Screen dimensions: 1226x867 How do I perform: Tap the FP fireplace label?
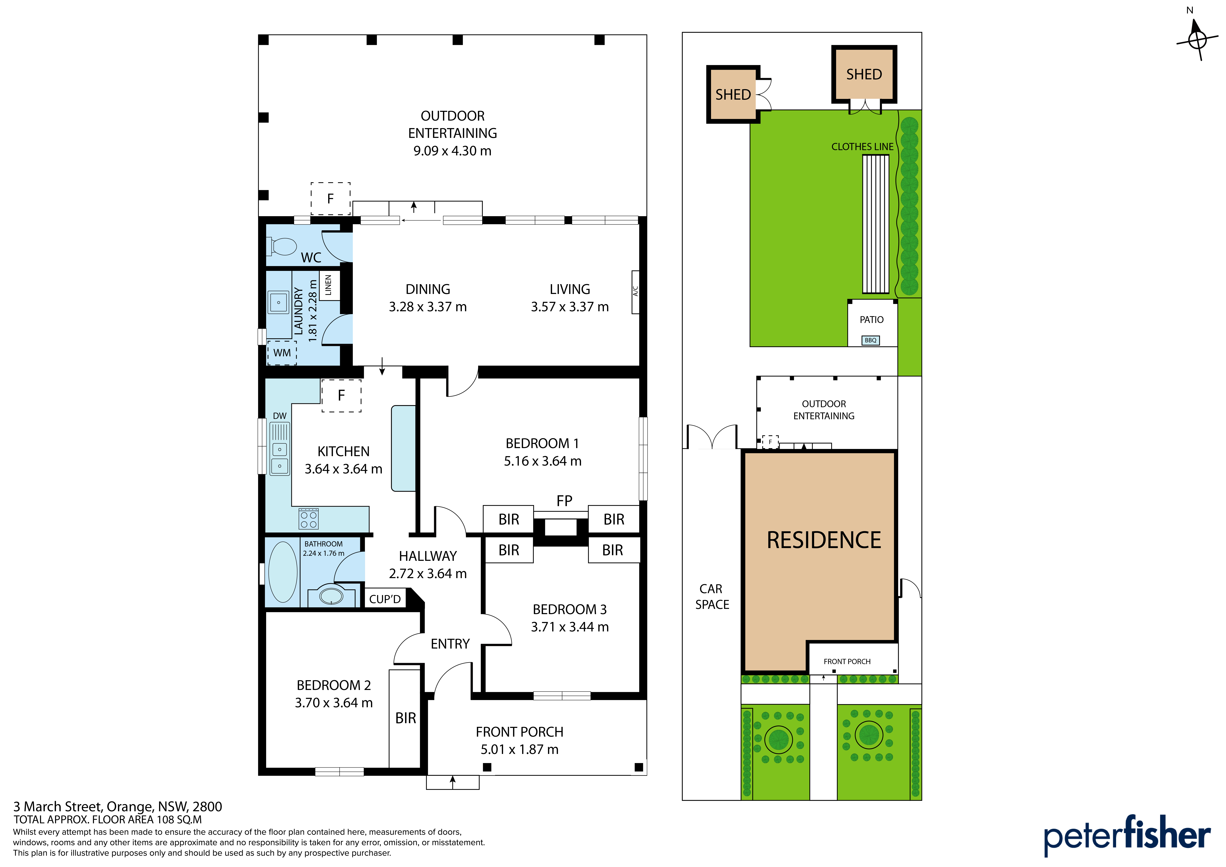pyautogui.click(x=564, y=501)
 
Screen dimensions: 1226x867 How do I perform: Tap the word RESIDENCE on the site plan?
pyautogui.click(x=824, y=540)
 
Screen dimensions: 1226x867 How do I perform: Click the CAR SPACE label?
pyautogui.click(x=712, y=597)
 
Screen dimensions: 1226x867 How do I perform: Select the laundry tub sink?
pyautogui.click(x=278, y=302)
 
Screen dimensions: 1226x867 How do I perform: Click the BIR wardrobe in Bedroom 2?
pyautogui.click(x=405, y=718)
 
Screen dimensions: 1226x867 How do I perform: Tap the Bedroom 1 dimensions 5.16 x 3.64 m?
pyautogui.click(x=543, y=461)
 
